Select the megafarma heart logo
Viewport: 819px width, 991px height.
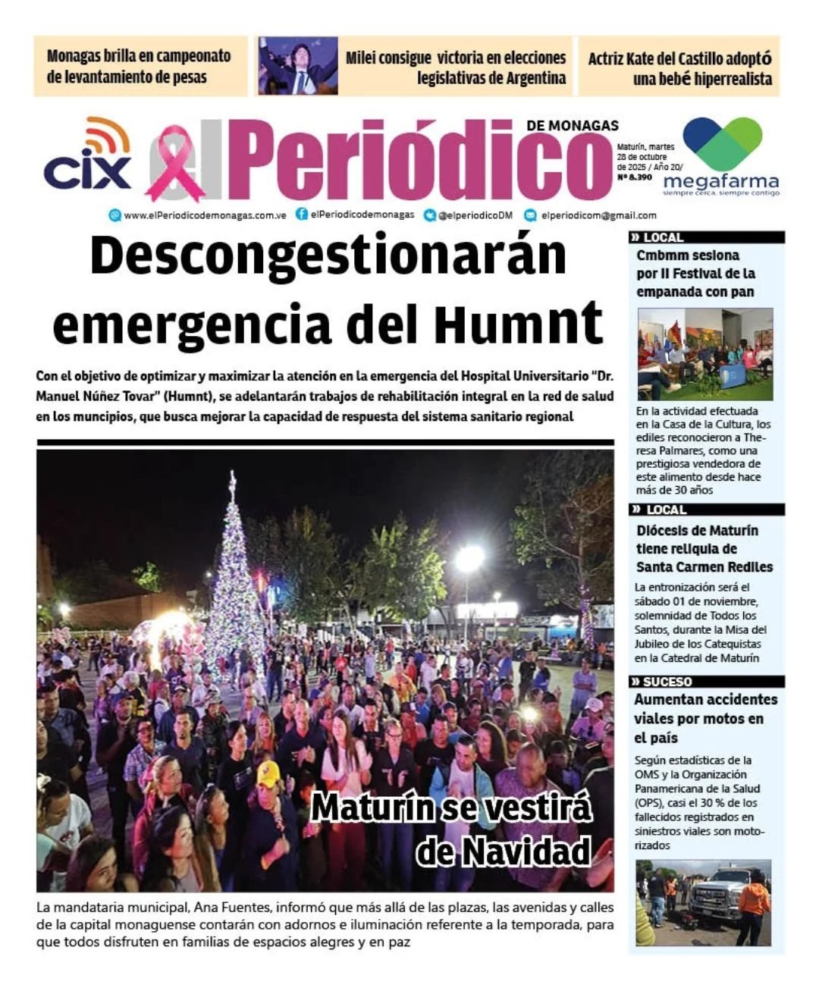point(722,144)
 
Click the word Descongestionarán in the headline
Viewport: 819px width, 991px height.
point(328,256)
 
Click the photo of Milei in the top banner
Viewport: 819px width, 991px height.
point(297,66)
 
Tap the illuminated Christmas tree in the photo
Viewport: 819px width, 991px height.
point(235,576)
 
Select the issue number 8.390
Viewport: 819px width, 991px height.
point(635,177)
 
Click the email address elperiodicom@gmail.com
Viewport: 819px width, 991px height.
point(598,215)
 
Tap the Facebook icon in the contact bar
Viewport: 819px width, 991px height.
point(302,215)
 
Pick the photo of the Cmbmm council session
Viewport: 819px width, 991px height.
point(704,353)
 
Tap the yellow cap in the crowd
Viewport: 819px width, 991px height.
point(268,773)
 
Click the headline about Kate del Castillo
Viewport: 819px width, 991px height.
point(679,68)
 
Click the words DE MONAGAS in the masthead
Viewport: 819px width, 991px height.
point(573,125)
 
